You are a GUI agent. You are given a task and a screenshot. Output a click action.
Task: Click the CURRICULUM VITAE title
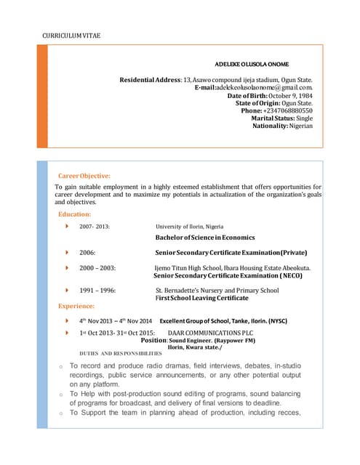[71, 35]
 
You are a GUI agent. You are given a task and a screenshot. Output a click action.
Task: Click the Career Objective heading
[84, 176]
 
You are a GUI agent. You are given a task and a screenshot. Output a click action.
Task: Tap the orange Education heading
[74, 214]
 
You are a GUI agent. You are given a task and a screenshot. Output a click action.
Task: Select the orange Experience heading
[77, 306]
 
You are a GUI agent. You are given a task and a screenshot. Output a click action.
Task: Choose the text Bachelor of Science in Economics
[205, 238]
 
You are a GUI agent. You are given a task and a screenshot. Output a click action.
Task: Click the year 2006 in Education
[87, 252]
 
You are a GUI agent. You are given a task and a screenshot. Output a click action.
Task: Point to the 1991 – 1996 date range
[97, 291]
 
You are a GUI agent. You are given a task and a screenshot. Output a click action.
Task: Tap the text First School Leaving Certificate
[202, 299]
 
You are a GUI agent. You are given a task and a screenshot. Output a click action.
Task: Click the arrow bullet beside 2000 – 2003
[68, 268]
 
